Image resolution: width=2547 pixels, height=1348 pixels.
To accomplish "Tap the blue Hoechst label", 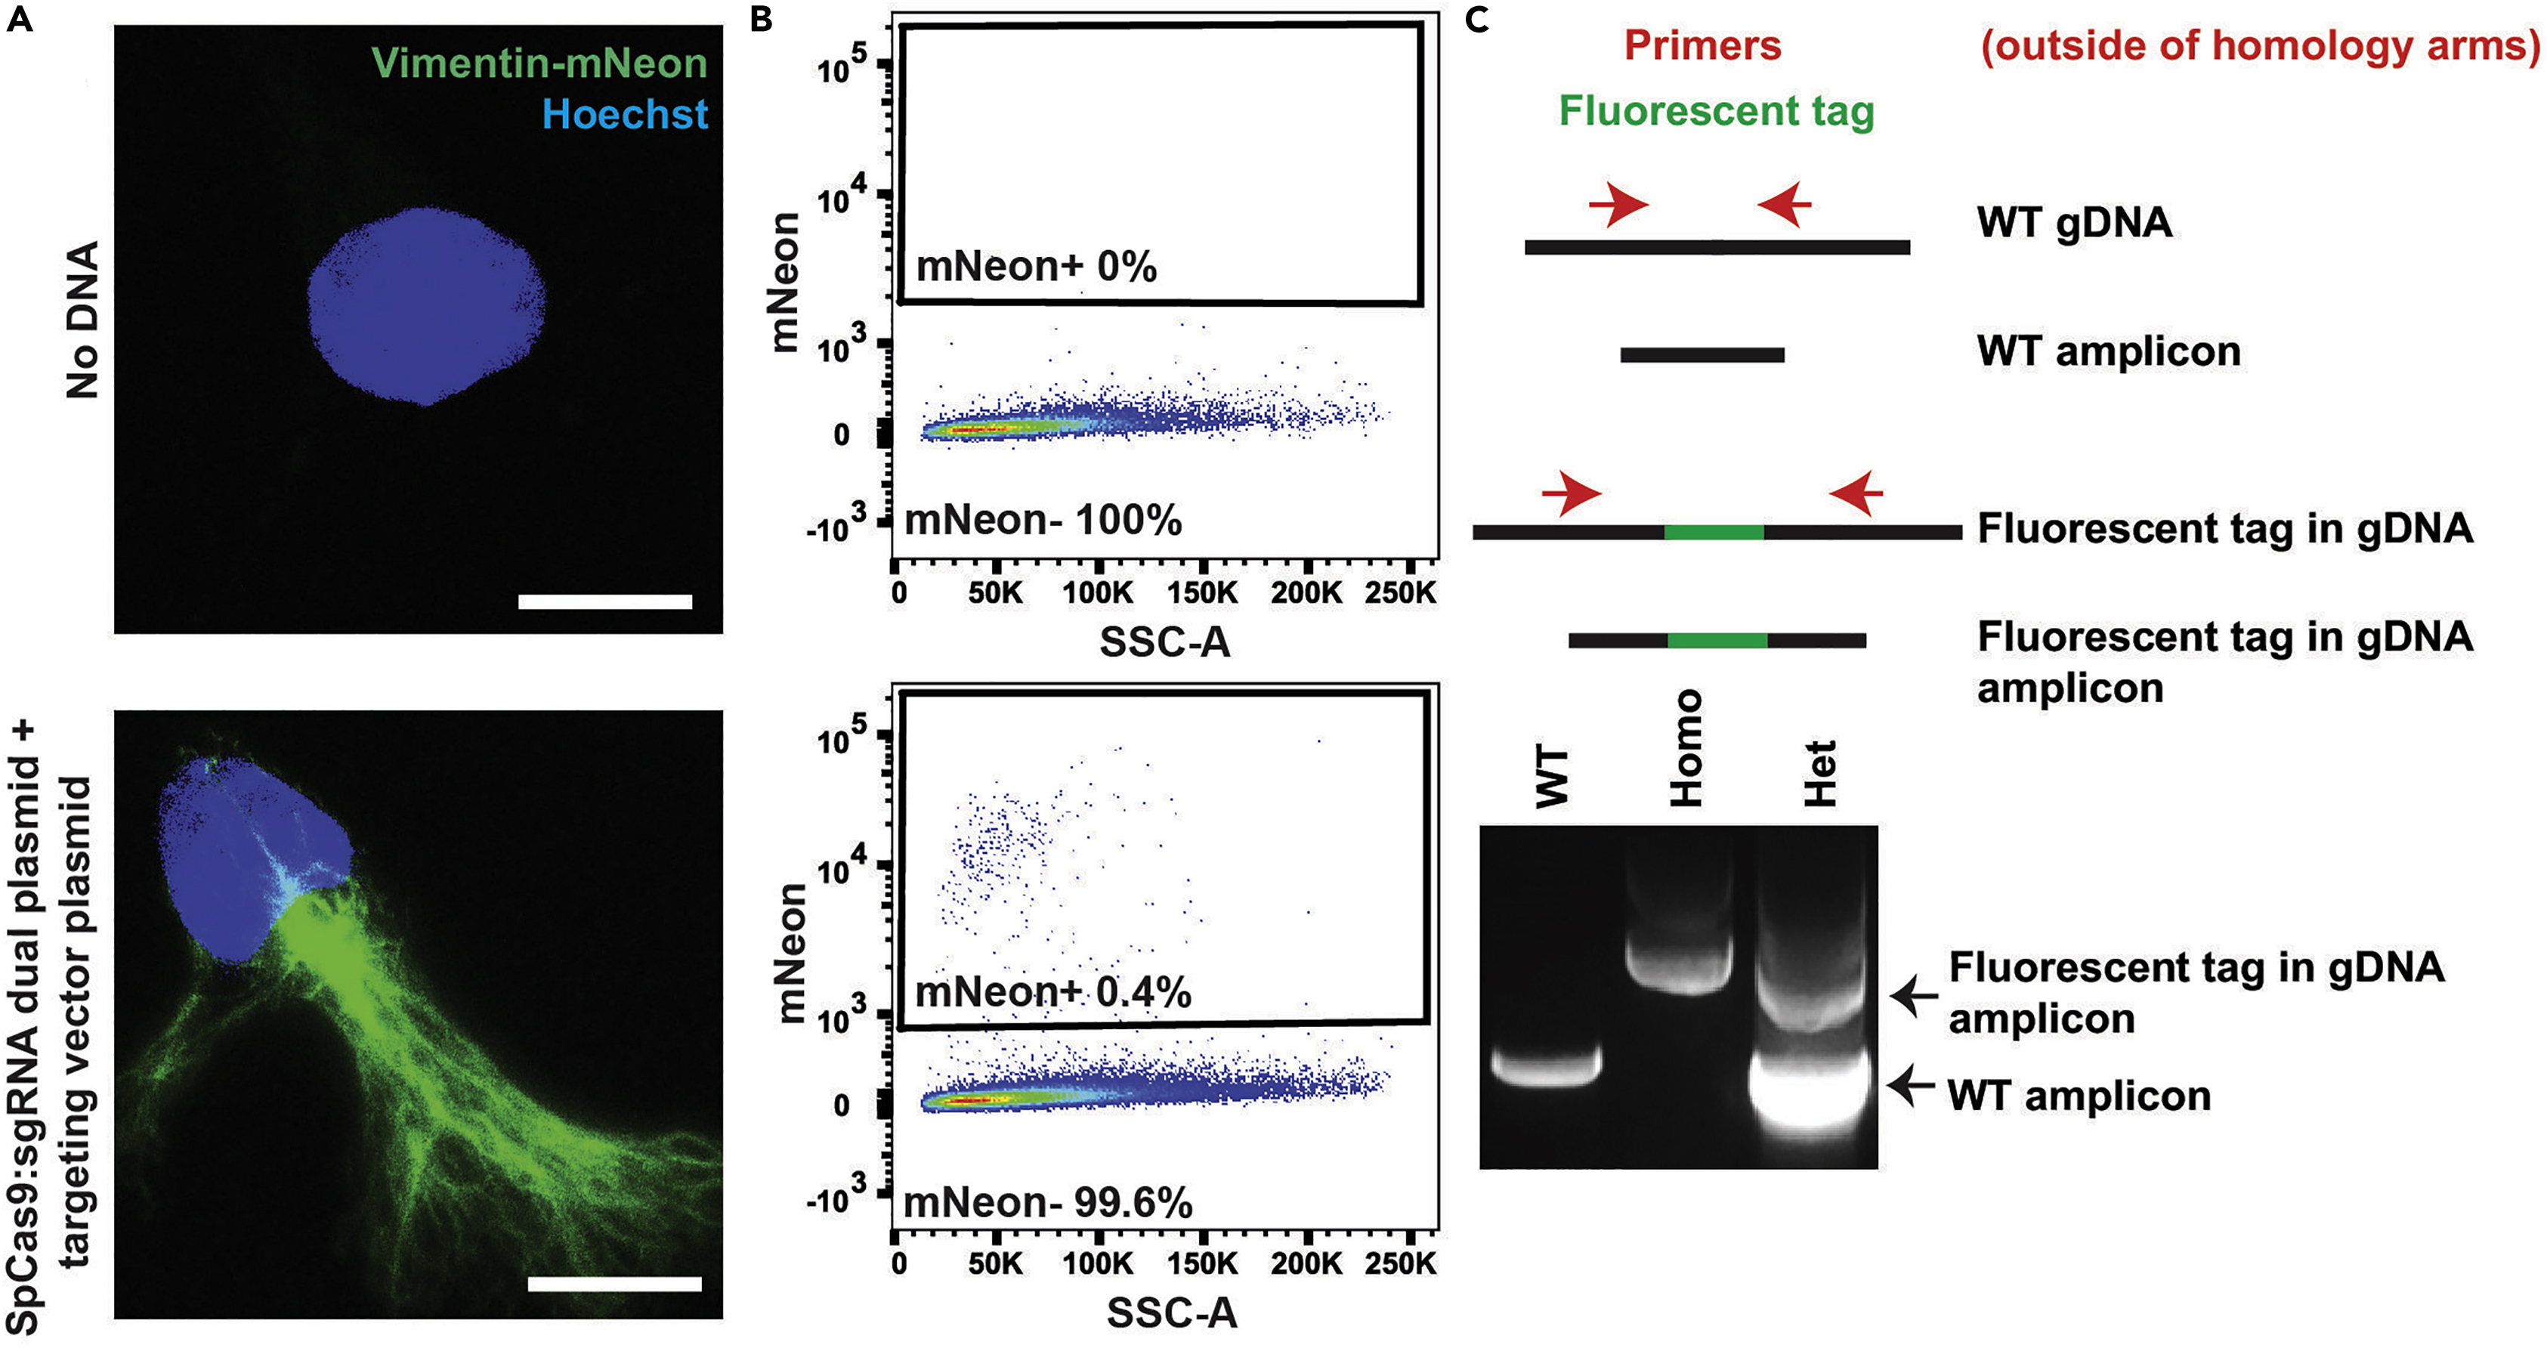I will (625, 115).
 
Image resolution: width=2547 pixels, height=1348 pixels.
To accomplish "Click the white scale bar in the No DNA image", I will (604, 601).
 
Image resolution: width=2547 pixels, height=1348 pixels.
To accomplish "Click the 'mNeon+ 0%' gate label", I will (1035, 267).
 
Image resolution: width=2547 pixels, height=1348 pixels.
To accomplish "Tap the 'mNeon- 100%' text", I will (1043, 520).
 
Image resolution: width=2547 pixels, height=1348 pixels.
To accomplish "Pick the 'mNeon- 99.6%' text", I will (1048, 1203).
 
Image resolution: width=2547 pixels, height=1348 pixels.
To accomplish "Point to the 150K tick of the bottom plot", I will (1201, 1264).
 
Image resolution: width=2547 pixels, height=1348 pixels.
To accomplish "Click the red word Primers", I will (1702, 45).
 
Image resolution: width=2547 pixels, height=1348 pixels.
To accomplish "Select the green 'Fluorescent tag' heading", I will (1717, 111).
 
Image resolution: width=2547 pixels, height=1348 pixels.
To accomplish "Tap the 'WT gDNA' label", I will (2074, 222).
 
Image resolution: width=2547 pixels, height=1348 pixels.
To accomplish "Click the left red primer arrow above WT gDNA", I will (1618, 205).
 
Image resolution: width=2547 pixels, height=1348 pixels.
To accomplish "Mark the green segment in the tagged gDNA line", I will (1714, 532).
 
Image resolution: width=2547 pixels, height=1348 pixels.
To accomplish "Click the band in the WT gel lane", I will (1545, 1067).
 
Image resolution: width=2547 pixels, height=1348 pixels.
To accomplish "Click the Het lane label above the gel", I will (1820, 774).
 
